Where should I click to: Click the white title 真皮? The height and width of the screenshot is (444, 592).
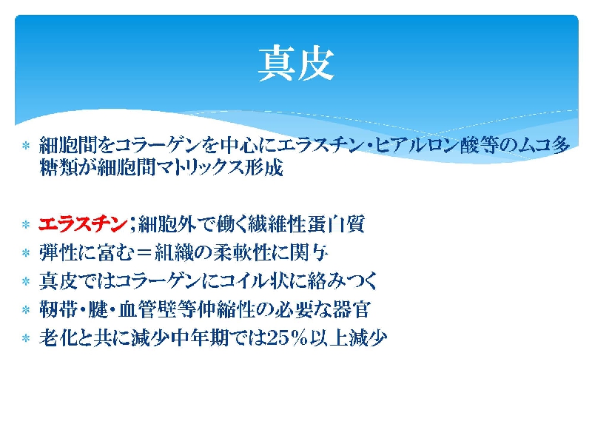296,64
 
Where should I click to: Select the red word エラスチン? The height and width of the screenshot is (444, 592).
83,224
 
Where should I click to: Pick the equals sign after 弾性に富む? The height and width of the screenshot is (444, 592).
144,253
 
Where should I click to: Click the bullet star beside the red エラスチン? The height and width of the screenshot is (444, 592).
26,225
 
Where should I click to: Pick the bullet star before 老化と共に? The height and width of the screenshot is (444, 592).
26,338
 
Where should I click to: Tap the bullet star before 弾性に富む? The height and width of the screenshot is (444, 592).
26,253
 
